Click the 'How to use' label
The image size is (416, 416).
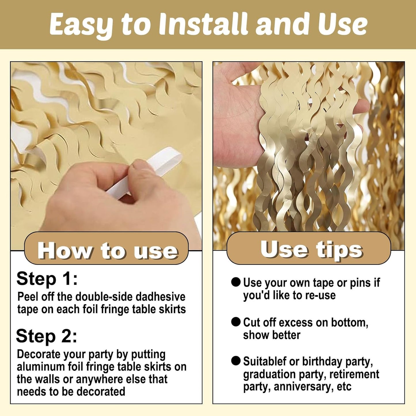point(107,251)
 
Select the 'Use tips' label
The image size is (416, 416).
point(311,249)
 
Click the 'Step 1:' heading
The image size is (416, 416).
point(47,279)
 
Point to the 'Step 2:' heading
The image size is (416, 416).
point(46,336)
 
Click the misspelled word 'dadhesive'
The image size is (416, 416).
point(160,297)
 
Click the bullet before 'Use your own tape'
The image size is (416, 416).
point(236,282)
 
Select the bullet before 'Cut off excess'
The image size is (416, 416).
point(236,322)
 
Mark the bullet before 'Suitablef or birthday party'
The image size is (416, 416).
point(236,361)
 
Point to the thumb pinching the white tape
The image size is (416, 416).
point(143,173)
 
